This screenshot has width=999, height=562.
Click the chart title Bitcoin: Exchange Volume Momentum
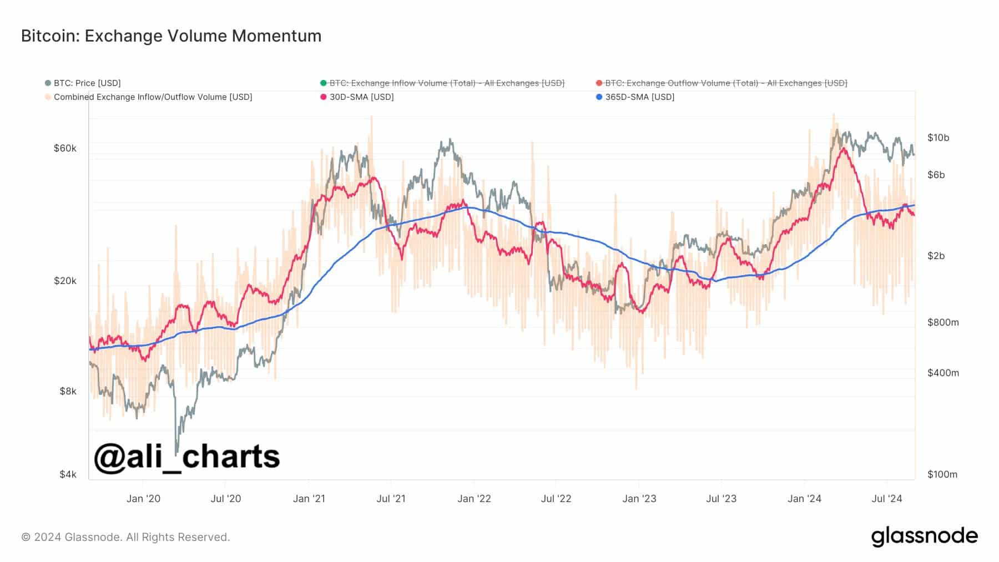click(x=171, y=36)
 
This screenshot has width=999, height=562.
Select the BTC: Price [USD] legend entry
click(x=87, y=83)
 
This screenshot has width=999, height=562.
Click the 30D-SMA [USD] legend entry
click(x=361, y=97)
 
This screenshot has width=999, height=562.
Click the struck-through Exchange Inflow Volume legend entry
click(x=446, y=83)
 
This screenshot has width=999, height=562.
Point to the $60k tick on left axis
click(x=65, y=148)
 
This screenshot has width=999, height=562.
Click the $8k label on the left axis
click(x=68, y=391)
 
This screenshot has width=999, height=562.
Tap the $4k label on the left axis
click(x=68, y=474)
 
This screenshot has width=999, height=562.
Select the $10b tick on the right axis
click(x=938, y=138)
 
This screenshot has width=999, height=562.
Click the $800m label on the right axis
click(x=943, y=322)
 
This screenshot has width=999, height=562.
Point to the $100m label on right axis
click(x=942, y=474)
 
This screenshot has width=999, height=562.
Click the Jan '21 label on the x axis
click(x=309, y=499)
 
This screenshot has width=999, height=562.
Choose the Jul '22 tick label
click(x=556, y=499)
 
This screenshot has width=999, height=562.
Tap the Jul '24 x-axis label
click(x=887, y=499)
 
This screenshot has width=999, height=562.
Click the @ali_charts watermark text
click(x=187, y=457)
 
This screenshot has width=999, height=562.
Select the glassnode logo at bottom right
click(x=924, y=536)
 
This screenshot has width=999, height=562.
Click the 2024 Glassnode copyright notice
click(x=125, y=537)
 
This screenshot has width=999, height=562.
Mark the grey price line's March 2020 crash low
click(x=176, y=452)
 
